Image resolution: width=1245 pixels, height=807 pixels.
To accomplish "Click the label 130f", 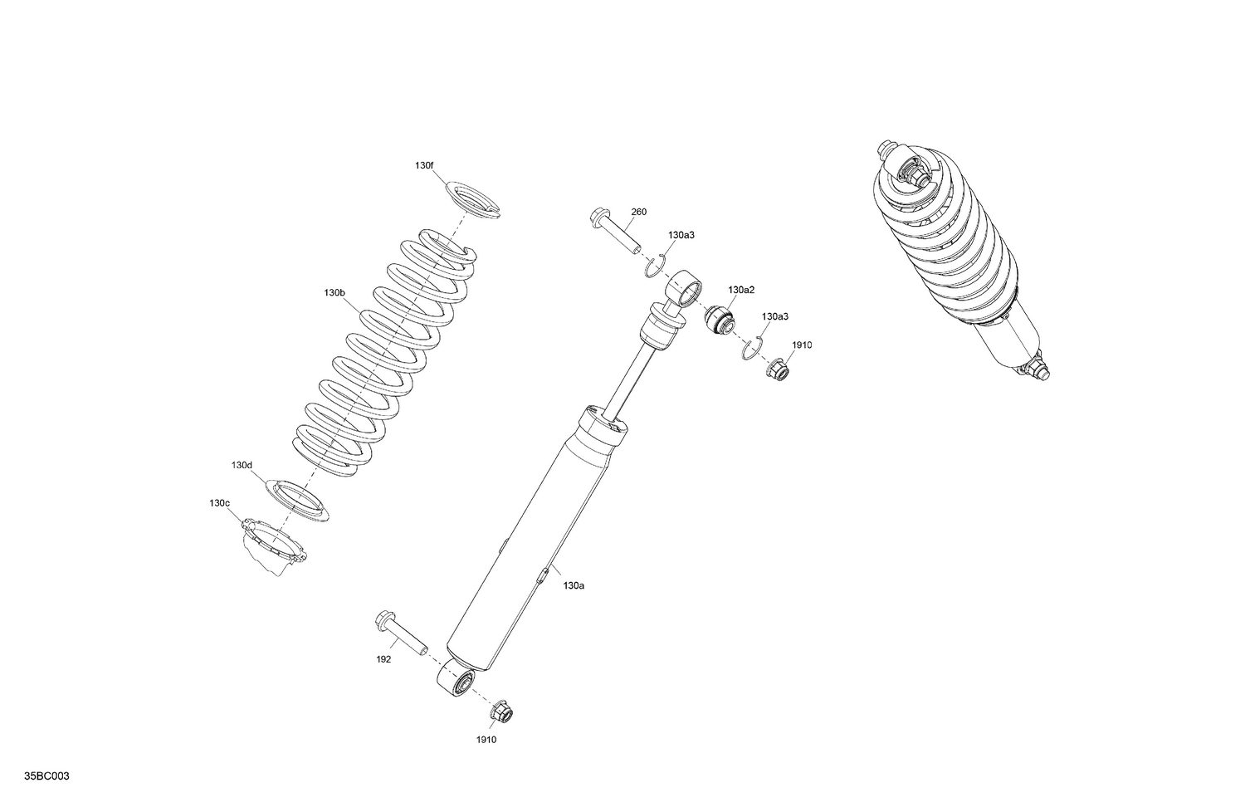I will [423, 166].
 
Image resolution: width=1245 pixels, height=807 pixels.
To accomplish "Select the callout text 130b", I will [334, 293].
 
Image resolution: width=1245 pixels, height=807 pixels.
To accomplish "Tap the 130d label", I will [242, 465].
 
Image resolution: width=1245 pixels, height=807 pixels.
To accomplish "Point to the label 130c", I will [219, 503].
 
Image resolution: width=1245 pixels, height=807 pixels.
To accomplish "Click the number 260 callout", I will [638, 212].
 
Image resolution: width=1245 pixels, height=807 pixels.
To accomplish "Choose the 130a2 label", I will [741, 290].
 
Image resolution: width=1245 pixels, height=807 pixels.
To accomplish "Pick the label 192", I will [383, 659].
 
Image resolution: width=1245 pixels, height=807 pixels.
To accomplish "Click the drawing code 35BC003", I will [47, 776].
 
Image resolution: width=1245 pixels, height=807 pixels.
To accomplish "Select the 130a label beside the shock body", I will [574, 585].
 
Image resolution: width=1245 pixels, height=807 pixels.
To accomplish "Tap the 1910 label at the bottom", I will [486, 740].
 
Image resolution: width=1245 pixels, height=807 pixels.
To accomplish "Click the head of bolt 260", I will [598, 218].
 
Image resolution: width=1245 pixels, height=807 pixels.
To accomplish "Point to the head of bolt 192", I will [384, 619].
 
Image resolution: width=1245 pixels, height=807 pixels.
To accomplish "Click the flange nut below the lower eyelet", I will [502, 712].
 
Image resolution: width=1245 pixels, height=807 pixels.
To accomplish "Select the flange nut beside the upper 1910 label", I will [776, 366].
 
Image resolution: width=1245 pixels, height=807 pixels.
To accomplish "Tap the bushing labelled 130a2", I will [718, 320].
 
